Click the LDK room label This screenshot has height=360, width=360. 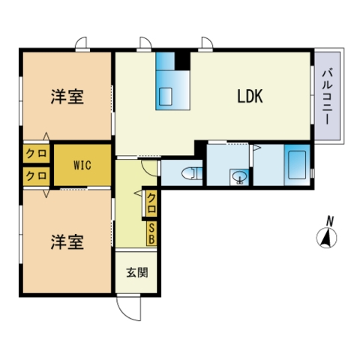click(x=250, y=96)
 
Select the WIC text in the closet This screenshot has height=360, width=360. click(x=82, y=164)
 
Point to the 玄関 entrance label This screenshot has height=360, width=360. click(x=136, y=271)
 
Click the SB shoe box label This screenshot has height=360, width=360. click(x=151, y=233)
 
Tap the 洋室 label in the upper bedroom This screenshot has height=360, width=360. click(x=67, y=97)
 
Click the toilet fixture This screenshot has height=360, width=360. click(x=190, y=174)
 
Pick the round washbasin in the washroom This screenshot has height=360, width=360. click(x=239, y=178)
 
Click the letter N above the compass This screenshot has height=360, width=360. click(x=328, y=220)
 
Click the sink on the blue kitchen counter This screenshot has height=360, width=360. click(x=166, y=95)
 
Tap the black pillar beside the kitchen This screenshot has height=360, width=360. click(x=182, y=58)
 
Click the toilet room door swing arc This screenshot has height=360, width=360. click(x=150, y=166)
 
